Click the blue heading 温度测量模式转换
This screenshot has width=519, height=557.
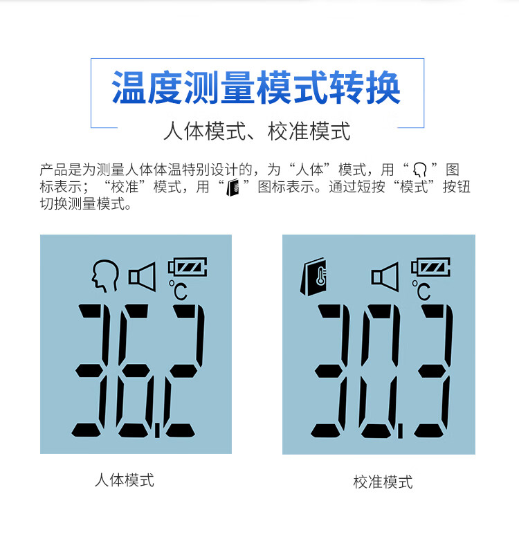(x=256, y=89)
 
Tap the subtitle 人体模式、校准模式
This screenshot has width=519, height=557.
(x=256, y=131)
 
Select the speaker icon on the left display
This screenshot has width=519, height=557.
(x=142, y=275)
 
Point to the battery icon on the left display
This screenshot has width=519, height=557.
(x=187, y=266)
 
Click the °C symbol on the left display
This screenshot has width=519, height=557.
(x=178, y=290)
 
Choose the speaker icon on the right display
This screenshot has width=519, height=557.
(x=385, y=276)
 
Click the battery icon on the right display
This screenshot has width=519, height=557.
(x=430, y=266)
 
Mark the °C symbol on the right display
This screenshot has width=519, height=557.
(x=421, y=290)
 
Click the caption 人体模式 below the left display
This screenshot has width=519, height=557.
(x=125, y=480)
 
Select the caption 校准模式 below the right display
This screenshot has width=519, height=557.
(x=383, y=482)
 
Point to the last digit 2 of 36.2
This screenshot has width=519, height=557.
(x=184, y=371)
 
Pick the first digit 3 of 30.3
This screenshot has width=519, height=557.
(x=334, y=371)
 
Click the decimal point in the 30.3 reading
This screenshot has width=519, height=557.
(x=401, y=431)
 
